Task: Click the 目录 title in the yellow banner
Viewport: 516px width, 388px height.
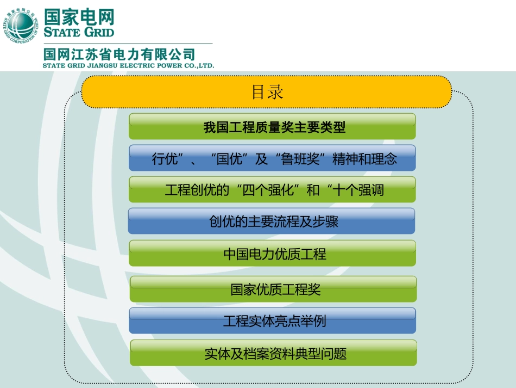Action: pyautogui.click(x=267, y=91)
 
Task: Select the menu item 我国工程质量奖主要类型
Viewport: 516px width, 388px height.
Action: pyautogui.click(x=272, y=127)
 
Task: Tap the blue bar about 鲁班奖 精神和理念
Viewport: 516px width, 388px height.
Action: pyautogui.click(x=272, y=159)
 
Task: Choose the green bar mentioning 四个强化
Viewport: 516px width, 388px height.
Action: pyautogui.click(x=272, y=190)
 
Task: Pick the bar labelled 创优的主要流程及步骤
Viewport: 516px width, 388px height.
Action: pyautogui.click(x=272, y=221)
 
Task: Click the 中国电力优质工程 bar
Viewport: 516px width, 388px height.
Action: pyautogui.click(x=272, y=254)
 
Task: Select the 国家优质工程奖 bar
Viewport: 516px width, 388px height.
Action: pyautogui.click(x=273, y=289)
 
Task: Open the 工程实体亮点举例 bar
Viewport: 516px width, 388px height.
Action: pyautogui.click(x=272, y=321)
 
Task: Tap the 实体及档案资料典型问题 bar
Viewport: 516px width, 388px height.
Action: pyautogui.click(x=273, y=354)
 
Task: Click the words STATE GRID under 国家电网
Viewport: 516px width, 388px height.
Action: pyautogui.click(x=79, y=32)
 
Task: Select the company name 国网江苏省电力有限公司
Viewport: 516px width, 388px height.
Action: pyautogui.click(x=119, y=54)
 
